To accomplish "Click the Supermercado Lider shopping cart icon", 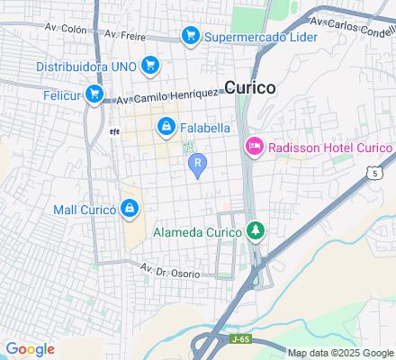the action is [x=190, y=36].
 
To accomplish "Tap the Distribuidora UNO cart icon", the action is [x=149, y=65].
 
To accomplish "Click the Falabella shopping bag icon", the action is [x=166, y=128].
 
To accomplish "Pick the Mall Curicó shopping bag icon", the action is [x=131, y=210].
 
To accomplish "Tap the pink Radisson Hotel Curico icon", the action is [x=255, y=147].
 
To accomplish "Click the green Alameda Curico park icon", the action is [x=256, y=231].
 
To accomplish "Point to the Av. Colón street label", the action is [x=64, y=29].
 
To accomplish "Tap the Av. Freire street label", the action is [x=124, y=35].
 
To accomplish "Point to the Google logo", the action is [x=29, y=349].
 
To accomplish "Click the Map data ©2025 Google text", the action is [x=339, y=353].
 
